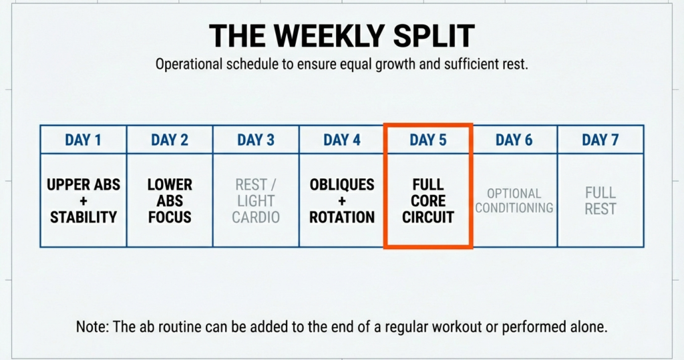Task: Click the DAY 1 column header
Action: tap(83, 140)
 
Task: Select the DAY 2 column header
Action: tap(170, 140)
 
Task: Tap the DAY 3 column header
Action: tap(256, 140)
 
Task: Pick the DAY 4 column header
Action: tap(342, 140)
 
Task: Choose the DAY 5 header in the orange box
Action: tap(428, 140)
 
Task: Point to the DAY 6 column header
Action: tap(514, 140)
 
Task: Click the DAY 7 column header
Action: tap(601, 140)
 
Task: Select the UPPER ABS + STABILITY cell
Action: tap(83, 200)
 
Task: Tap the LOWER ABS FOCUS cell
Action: tap(170, 200)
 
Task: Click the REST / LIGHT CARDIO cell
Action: tap(256, 200)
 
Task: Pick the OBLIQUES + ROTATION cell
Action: tap(342, 200)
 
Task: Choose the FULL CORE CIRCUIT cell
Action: tap(428, 200)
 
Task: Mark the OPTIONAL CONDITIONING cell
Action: tap(514, 200)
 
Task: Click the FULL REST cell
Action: tap(601, 200)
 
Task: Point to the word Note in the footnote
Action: tap(90, 327)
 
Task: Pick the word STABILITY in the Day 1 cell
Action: tap(83, 217)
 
